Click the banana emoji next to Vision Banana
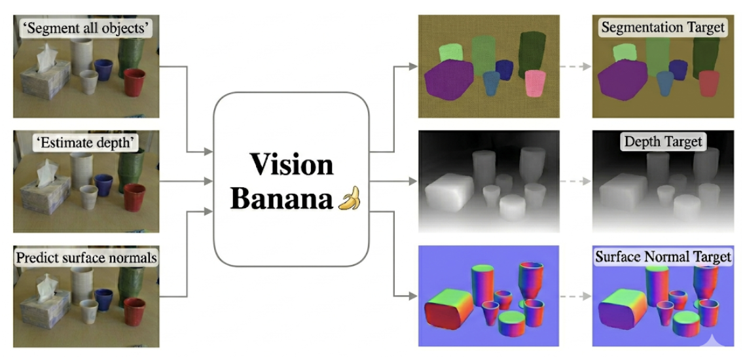[349, 198]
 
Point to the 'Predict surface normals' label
[86, 258]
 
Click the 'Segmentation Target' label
[663, 27]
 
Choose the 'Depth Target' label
[663, 141]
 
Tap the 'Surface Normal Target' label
[663, 257]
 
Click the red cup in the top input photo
[134, 82]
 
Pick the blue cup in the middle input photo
[103, 185]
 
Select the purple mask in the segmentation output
[448, 80]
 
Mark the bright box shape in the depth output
[449, 193]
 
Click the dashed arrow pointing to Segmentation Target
[576, 67]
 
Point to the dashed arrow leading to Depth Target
[576, 181]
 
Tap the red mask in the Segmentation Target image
[710, 83]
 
